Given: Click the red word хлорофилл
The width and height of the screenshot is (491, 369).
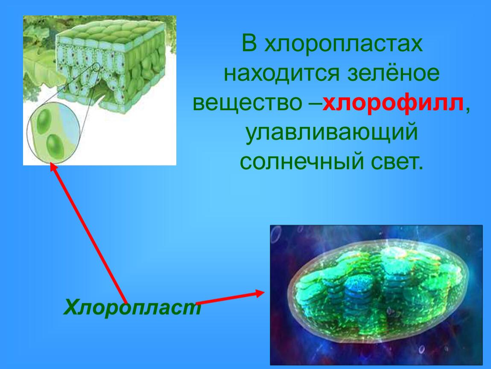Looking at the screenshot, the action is (x=393, y=103).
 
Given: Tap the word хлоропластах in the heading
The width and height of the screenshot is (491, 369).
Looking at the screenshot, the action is (x=344, y=44).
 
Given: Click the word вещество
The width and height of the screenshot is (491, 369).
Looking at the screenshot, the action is (x=247, y=103).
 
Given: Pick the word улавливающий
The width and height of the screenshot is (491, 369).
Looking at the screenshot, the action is (x=332, y=133).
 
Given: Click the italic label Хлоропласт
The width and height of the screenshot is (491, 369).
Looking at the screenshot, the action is (x=132, y=307).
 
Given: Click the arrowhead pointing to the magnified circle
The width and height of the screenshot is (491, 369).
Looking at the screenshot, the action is (x=54, y=167).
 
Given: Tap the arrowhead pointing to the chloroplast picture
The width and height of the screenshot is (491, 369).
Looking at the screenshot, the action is (x=260, y=293).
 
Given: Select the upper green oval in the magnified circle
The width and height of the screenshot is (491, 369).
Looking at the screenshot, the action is (x=44, y=121).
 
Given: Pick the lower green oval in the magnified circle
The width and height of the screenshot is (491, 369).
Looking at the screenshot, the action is (x=55, y=146).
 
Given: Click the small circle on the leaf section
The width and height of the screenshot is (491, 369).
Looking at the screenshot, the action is (x=97, y=67).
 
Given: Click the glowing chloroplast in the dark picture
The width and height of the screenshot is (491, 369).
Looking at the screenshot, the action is (x=378, y=291).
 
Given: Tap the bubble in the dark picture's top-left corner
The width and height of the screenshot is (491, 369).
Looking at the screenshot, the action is (x=276, y=234).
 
